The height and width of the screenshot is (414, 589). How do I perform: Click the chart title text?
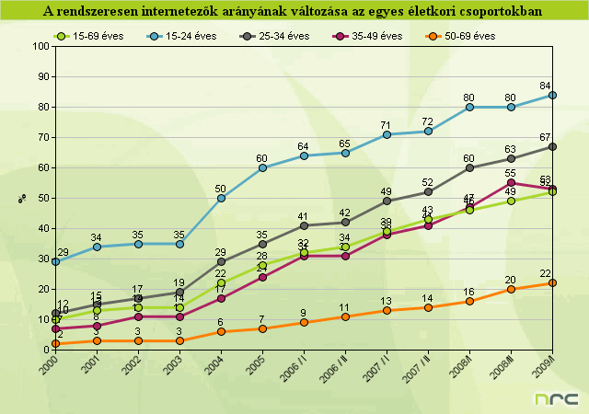coord(293,11)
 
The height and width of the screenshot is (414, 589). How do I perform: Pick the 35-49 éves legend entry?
coord(368,35)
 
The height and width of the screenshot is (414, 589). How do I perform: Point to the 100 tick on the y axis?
coord(40,46)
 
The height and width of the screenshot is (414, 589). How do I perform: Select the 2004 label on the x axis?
coord(213,364)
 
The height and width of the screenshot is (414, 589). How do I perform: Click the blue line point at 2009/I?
coord(552,95)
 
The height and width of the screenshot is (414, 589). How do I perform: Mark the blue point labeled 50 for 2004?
coord(221,198)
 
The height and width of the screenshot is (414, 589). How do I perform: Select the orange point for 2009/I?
coord(552,282)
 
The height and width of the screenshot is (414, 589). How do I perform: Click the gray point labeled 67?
coord(552,146)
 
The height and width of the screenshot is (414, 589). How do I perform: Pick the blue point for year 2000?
coord(55,261)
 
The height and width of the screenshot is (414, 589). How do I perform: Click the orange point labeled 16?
coord(469,301)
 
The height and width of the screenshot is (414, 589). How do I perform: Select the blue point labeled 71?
coord(387,134)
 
